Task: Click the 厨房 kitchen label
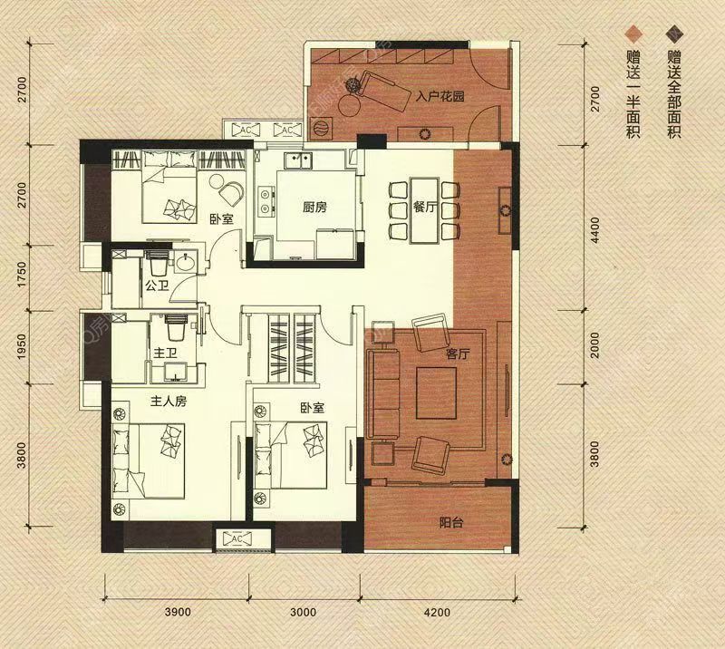[314, 208]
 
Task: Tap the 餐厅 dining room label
[425, 208]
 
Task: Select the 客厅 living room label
[458, 354]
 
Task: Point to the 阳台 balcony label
[450, 523]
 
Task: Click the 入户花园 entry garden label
[440, 97]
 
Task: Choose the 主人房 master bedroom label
[169, 401]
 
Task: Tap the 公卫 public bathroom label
[157, 286]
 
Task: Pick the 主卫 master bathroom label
[165, 354]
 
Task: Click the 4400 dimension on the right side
[595, 230]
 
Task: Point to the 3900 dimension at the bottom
[178, 613]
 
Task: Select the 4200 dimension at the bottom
[437, 613]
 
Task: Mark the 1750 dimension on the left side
[22, 276]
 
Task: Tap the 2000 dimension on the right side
[595, 345]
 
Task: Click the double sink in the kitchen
[299, 161]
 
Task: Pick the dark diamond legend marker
[674, 34]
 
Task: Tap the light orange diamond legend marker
[633, 34]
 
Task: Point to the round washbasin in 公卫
[186, 262]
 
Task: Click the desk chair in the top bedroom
[231, 193]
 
